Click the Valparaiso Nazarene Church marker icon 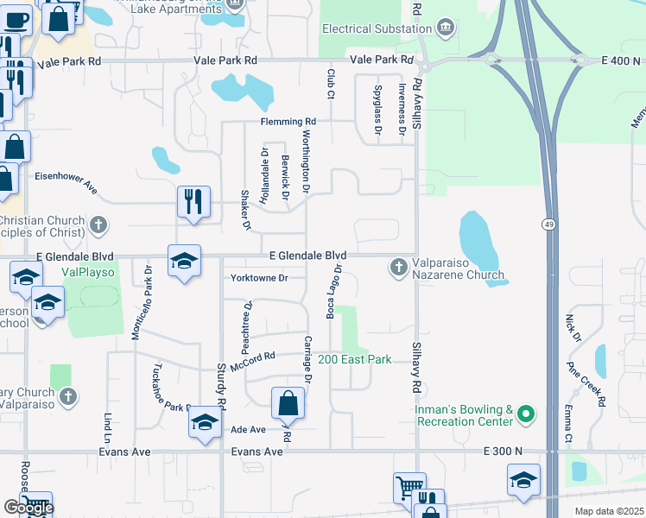point(399,267)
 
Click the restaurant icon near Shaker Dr point(194,202)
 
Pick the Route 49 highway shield point(548,224)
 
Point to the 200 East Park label point(355,359)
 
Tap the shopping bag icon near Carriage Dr point(288,403)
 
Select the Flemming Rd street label point(288,122)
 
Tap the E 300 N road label point(503,451)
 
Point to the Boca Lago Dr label point(331,292)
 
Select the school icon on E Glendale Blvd point(184,261)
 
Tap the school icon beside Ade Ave point(205,422)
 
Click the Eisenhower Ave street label point(66,177)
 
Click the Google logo point(28,508)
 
